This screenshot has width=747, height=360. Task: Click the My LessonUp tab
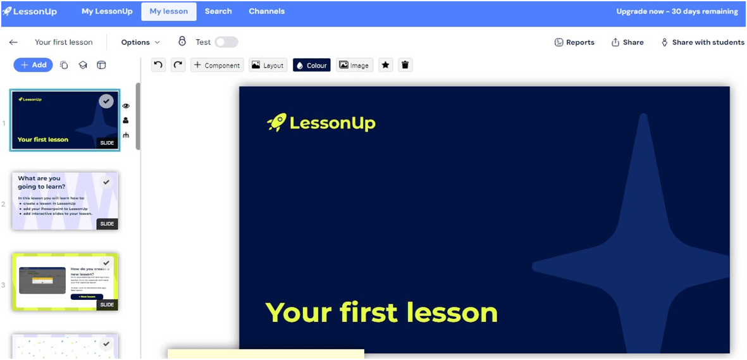coord(107,11)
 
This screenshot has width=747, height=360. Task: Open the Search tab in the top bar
coord(218,11)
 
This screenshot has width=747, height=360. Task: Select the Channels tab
coord(266,11)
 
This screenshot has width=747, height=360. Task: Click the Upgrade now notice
coord(677,11)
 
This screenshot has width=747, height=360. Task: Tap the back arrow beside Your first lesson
coord(13,42)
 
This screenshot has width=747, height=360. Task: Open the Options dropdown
coord(140,42)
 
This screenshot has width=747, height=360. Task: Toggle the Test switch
coord(226,42)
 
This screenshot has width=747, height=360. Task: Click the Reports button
coord(574,42)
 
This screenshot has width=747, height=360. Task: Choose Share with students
coord(703,42)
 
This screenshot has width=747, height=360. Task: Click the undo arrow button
coord(159,65)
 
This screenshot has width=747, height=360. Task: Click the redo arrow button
coord(178,65)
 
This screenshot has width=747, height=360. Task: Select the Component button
coord(217,65)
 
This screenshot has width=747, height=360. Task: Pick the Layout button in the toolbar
coord(268,65)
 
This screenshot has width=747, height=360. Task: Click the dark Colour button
coord(311,65)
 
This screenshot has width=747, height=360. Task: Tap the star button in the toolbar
coord(386,65)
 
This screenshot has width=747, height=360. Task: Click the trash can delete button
coord(405,65)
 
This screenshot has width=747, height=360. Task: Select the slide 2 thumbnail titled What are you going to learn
coord(65,201)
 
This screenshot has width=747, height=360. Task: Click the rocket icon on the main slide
coord(277,122)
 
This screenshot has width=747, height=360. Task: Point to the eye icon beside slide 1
coord(126,106)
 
